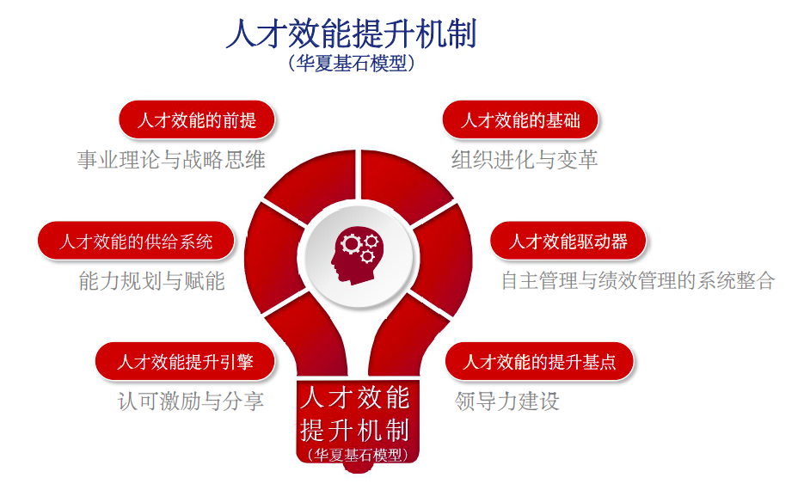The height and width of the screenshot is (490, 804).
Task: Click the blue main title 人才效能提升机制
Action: pos(352,34)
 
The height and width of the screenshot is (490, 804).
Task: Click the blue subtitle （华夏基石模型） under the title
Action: pos(352,63)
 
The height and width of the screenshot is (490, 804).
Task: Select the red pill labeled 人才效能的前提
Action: pos(197,120)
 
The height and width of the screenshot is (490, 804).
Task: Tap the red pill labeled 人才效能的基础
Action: pos(520,120)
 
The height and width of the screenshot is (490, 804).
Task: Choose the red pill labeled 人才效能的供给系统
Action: pos(136,242)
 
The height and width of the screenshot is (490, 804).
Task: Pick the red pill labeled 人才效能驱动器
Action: pos(568,242)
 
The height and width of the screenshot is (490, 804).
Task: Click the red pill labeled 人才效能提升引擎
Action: pos(185,362)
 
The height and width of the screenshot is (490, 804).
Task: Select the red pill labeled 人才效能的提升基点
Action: pos(539,362)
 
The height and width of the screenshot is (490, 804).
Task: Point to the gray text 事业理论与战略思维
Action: pos(171,160)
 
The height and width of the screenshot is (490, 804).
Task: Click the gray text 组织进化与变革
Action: pos(525,160)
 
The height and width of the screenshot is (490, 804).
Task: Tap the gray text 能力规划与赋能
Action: pos(152,281)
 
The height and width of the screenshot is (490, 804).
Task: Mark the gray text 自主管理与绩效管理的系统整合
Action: pos(638,281)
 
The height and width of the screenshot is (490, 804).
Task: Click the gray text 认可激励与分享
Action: pos(190,401)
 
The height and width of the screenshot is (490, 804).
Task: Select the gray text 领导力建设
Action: pos(506,401)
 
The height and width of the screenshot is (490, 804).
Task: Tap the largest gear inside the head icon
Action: pos(351,244)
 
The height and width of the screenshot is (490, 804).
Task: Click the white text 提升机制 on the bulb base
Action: pos(355,430)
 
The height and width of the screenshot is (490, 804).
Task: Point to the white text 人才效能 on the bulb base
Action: pos(355,398)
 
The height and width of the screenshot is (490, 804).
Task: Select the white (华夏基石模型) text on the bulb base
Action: pos(358,455)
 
